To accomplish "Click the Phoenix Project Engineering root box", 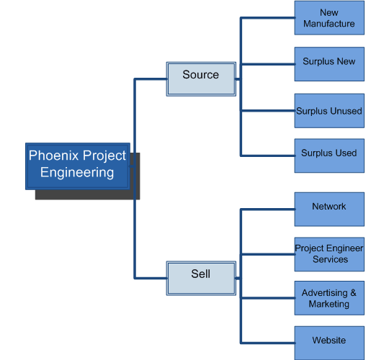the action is (x=78, y=166).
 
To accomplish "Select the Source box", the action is (x=201, y=79).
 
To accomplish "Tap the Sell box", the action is (x=201, y=278).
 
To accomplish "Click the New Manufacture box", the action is (x=329, y=18).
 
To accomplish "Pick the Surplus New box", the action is (x=329, y=64).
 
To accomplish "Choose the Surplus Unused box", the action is (x=329, y=111).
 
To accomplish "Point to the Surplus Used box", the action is (x=329, y=156).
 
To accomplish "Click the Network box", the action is (x=329, y=210).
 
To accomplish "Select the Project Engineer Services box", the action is (x=329, y=254).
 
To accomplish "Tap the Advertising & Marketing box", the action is (x=329, y=298).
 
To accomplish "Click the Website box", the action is (x=329, y=343).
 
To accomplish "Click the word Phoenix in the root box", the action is (x=53, y=156).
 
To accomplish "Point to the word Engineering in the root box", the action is (x=77, y=173).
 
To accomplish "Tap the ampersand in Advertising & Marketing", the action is (x=353, y=293).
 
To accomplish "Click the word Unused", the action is (x=346, y=111).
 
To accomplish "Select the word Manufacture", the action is (x=329, y=24).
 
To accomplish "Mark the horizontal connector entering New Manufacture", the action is (x=268, y=18).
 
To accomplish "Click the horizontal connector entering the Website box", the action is (x=268, y=343).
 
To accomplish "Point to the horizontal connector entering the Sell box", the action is (x=151, y=278).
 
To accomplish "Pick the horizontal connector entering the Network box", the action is (x=268, y=210).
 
